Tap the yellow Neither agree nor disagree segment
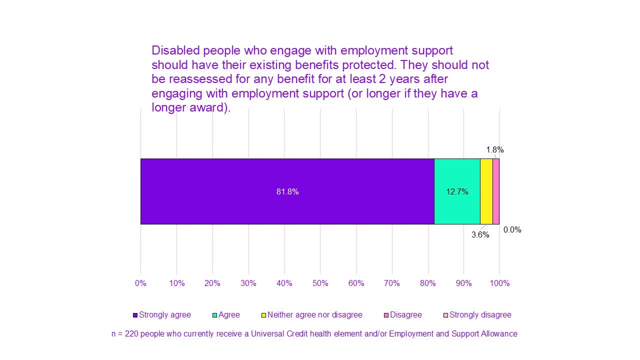486,191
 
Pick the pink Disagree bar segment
496,191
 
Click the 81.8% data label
287,191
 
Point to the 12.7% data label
457,191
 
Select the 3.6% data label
480,234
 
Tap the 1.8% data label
494,149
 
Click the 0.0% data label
512,230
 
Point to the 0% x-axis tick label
140,283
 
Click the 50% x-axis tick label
320,283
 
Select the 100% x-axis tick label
499,283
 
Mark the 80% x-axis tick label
427,283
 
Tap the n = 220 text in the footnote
125,333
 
